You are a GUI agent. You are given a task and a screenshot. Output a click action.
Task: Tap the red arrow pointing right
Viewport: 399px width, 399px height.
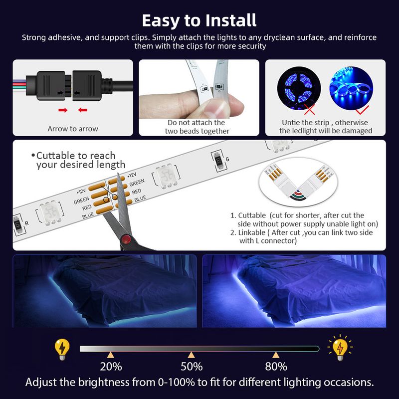[x=63, y=110]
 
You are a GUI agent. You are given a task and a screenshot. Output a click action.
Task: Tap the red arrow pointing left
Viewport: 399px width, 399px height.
[x=83, y=110]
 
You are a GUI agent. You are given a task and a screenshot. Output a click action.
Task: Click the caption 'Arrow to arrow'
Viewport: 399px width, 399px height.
[x=73, y=129]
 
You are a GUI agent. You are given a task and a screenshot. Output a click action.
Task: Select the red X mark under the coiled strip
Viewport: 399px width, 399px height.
[x=309, y=109]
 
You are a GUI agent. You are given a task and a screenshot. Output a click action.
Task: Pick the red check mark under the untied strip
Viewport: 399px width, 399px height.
[x=363, y=110]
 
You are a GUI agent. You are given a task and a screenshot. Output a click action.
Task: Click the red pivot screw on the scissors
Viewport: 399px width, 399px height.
[x=126, y=239]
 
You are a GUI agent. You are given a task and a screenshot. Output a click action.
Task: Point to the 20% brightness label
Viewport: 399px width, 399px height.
[x=111, y=367]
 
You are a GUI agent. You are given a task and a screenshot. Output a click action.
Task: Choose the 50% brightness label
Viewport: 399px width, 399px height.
[x=192, y=367]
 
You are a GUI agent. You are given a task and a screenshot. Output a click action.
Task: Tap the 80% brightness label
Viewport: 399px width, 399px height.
[x=276, y=367]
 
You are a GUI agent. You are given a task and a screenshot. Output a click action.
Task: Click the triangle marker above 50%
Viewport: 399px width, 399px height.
[x=192, y=355]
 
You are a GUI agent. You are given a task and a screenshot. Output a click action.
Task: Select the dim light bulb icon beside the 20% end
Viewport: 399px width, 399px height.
[x=62, y=350]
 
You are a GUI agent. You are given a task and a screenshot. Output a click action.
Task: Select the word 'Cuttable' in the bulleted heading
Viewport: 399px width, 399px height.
[x=56, y=156]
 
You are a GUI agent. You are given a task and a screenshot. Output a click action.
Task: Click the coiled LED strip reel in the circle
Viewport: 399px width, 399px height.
[x=299, y=88]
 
